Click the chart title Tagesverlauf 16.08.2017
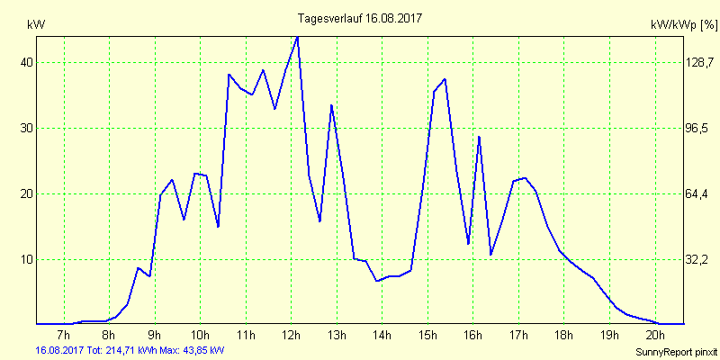tap(360, 18)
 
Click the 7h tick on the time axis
tap(63, 336)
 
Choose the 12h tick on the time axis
tap(291, 336)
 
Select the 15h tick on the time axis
tap(427, 336)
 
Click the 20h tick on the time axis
tap(655, 336)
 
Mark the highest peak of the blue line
tap(297, 37)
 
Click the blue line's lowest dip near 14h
tap(378, 281)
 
